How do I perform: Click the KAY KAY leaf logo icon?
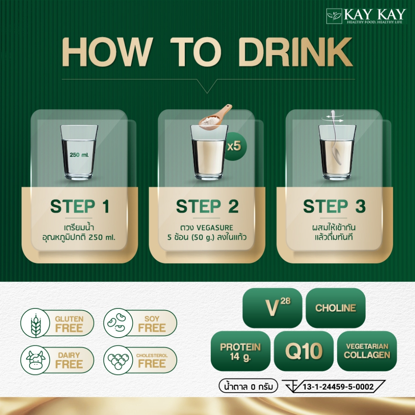point(334,16)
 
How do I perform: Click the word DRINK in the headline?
point(295,52)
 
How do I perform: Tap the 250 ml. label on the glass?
point(79,154)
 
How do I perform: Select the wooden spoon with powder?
point(215,117)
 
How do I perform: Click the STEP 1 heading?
point(80,206)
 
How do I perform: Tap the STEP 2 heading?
point(207,206)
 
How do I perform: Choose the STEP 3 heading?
point(334,206)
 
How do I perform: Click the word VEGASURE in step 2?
point(215,228)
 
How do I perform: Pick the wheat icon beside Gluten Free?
point(35,323)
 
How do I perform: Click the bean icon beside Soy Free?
point(118,323)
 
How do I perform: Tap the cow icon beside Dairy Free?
point(35,360)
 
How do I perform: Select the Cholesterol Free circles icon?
point(118,360)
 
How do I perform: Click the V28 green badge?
point(272,308)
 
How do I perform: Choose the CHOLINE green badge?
point(336,308)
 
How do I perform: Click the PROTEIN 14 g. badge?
point(241,351)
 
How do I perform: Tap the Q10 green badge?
point(304,351)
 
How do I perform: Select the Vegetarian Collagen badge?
point(367,351)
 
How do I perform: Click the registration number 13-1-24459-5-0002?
point(338,387)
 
